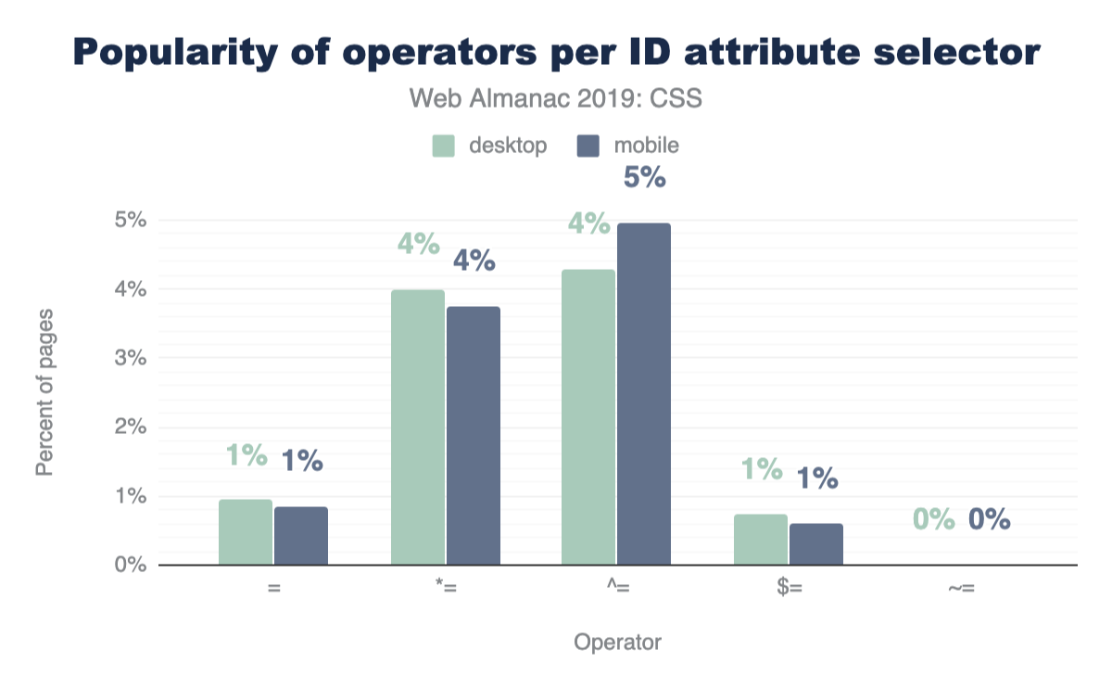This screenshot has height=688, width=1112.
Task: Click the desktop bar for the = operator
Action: coord(246,532)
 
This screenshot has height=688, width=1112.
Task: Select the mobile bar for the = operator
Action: coord(301,536)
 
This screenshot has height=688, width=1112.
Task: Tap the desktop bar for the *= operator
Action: coord(418,427)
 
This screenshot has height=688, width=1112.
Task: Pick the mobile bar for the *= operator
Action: coord(474,436)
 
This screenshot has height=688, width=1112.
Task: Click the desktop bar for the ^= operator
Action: coord(588,417)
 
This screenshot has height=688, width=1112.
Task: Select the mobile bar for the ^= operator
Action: coord(644,394)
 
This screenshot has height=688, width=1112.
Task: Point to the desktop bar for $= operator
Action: coord(761,540)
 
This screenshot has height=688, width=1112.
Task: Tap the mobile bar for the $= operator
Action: coord(816,544)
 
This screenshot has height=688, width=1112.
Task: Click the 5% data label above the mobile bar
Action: coord(644,177)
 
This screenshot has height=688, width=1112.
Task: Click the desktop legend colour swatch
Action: coord(444,146)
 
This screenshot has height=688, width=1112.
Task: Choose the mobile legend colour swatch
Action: coord(588,146)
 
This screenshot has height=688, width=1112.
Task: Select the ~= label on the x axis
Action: coord(961,589)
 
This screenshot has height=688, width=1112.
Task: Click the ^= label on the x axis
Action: coord(616,589)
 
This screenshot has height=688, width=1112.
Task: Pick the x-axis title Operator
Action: coord(617,642)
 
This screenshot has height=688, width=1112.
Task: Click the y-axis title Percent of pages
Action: coord(44,393)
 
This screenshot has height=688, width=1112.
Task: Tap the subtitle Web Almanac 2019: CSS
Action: coord(556,98)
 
